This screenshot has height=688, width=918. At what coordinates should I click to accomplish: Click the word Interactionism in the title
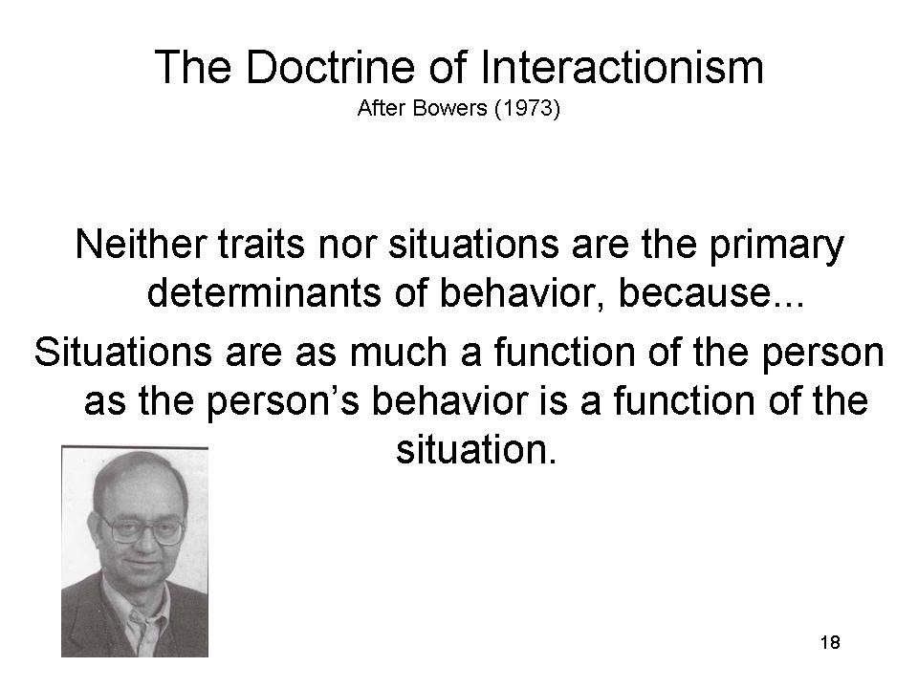pyautogui.click(x=623, y=67)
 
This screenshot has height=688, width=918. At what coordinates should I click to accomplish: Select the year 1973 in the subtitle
pyautogui.click(x=527, y=108)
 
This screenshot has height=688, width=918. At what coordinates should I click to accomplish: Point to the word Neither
pyautogui.click(x=141, y=244)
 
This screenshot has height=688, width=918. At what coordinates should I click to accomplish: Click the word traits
pyautogui.click(x=262, y=244)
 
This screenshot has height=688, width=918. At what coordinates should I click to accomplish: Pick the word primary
pyautogui.click(x=776, y=247)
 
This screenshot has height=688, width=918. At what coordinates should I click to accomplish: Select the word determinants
pyautogui.click(x=264, y=292)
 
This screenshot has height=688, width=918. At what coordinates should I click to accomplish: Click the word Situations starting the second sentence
pyautogui.click(x=123, y=353)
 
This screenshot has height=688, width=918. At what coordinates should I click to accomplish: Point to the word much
pyautogui.click(x=398, y=353)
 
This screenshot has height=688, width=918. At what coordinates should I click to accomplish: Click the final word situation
pyautogui.click(x=476, y=450)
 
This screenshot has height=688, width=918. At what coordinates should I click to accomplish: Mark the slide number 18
pyautogui.click(x=830, y=642)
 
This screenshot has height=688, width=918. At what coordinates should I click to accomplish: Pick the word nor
pyautogui.click(x=346, y=244)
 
